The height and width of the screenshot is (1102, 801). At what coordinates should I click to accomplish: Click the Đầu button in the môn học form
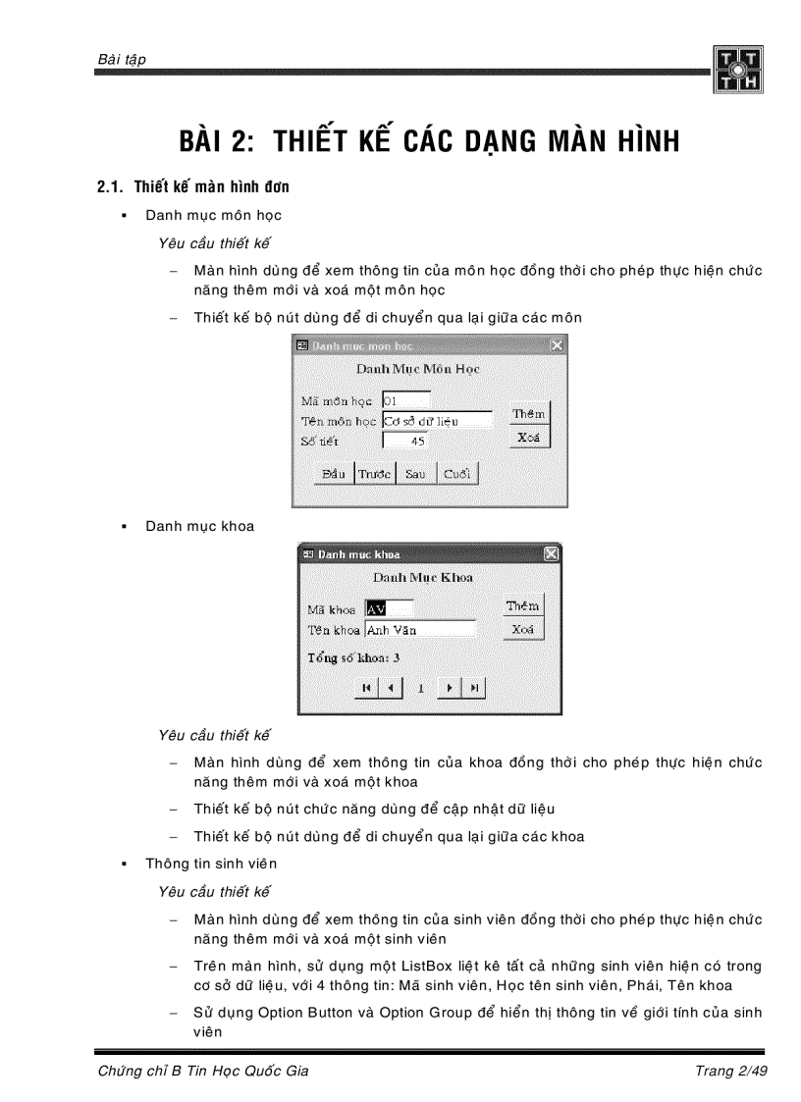pyautogui.click(x=334, y=474)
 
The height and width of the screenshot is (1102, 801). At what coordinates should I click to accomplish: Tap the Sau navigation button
pyautogui.click(x=415, y=474)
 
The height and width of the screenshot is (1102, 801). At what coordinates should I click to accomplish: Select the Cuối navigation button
pyautogui.click(x=456, y=474)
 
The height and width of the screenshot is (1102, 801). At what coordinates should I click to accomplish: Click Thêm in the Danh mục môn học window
pyautogui.click(x=529, y=413)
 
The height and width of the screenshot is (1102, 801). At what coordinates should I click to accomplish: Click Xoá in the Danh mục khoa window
pyautogui.click(x=523, y=630)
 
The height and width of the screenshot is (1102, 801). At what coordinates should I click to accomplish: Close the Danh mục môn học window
pyautogui.click(x=557, y=345)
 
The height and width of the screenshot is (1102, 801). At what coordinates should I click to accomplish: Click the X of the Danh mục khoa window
pyautogui.click(x=551, y=554)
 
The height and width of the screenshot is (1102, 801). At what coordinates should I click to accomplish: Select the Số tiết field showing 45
pyautogui.click(x=405, y=442)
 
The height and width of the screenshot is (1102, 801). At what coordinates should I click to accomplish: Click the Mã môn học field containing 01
pyautogui.click(x=405, y=400)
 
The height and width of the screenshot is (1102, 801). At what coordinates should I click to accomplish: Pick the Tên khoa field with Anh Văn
pyautogui.click(x=420, y=630)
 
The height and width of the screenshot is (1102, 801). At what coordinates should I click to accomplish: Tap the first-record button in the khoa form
pyautogui.click(x=366, y=689)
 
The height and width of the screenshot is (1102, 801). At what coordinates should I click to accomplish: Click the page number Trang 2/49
pyautogui.click(x=730, y=1071)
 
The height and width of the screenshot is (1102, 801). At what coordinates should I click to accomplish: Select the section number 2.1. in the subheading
pyautogui.click(x=112, y=186)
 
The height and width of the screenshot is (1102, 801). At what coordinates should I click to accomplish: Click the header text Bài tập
pyautogui.click(x=122, y=60)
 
